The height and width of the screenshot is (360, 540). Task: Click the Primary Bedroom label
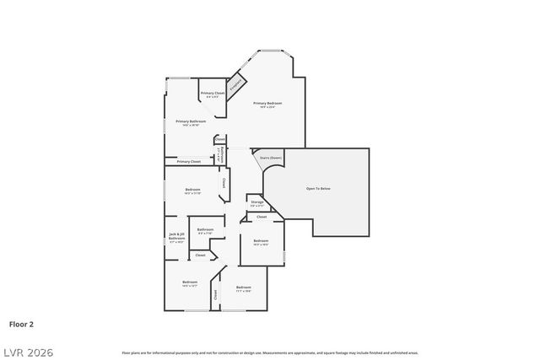coord(270,103)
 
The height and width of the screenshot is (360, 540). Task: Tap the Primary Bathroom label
coord(191,121)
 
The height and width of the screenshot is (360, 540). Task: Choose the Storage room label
coord(256,202)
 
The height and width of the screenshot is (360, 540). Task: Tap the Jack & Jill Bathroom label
coord(176,237)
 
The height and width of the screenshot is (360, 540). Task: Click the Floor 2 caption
coord(21,323)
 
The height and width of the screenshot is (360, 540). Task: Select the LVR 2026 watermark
coord(27,352)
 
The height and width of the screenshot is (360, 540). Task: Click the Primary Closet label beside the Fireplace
coord(213,93)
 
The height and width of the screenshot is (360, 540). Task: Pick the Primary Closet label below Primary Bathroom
coord(189,161)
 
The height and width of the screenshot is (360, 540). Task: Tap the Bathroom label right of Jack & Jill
coord(205,229)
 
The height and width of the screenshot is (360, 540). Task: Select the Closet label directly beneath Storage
coord(262,217)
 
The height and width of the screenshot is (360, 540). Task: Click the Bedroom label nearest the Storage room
coord(261,241)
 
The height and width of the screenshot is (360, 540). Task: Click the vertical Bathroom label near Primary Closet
coord(220,154)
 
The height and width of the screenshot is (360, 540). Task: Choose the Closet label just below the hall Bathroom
coord(200,255)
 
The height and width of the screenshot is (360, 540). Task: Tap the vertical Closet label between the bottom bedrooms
coord(215,294)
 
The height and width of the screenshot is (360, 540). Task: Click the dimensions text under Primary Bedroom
coord(270,107)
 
